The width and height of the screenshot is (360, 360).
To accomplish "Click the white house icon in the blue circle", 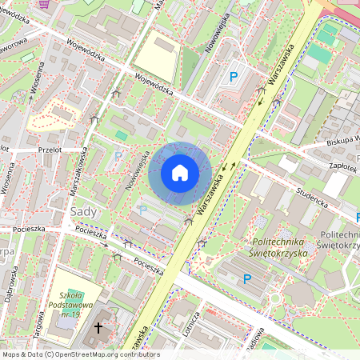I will coord(180,172).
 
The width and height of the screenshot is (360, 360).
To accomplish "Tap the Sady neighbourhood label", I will coord(85,211).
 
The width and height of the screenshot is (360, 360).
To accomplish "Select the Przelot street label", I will coord(50,149).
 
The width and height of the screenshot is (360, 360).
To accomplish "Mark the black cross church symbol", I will coord(99,327).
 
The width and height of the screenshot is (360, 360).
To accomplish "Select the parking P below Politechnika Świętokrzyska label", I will coord(247,278).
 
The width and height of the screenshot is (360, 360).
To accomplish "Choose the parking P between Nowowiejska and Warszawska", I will coord(234,77).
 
